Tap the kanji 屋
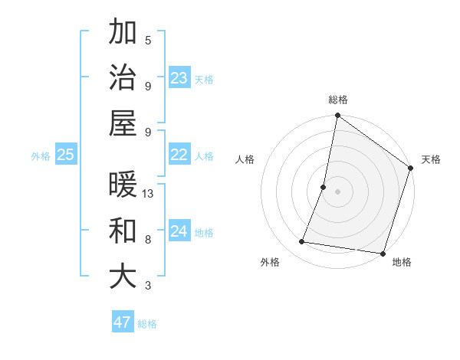[x=123, y=122]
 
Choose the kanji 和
[x=123, y=231]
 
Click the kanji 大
[x=123, y=276]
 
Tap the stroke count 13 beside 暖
[x=149, y=194]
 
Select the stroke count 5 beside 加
[x=148, y=40]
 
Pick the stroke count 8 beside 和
[x=148, y=239]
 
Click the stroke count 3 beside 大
[x=148, y=286]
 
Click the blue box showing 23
[x=179, y=78]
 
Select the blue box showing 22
[x=179, y=155]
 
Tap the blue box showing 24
[x=179, y=231]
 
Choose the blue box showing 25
[x=66, y=155]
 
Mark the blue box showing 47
[x=123, y=322]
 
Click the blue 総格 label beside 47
[x=148, y=324]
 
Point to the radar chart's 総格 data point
[x=337, y=116]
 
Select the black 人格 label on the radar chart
[x=245, y=160]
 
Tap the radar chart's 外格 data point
[x=302, y=242]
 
